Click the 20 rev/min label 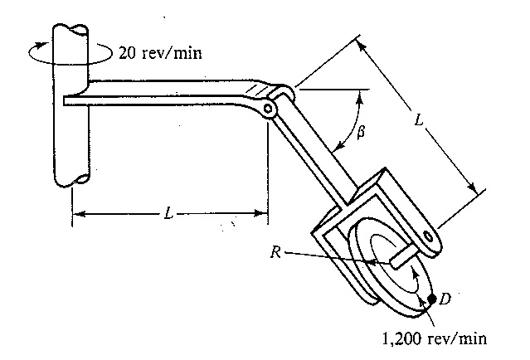pyautogui.click(x=160, y=53)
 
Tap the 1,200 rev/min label pyautogui.click(x=435, y=338)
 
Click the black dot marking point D pyautogui.click(x=431, y=299)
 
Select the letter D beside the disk pyautogui.click(x=445, y=299)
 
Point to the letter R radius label pyautogui.click(x=275, y=252)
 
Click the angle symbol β pyautogui.click(x=361, y=132)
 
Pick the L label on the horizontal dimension pyautogui.click(x=168, y=214)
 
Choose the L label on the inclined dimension pyautogui.click(x=419, y=119)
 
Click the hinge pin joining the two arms pyautogui.click(x=267, y=109)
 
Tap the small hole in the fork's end pyautogui.click(x=428, y=236)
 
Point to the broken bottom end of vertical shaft pyautogui.click(x=72, y=180)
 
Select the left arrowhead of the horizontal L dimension pyautogui.click(x=79, y=214)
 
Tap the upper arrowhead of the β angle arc pyautogui.click(x=360, y=96)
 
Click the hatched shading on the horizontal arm pyautogui.click(x=256, y=90)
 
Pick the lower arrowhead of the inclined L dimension pyautogui.click(x=471, y=187)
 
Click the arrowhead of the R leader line pyautogui.click(x=373, y=261)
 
